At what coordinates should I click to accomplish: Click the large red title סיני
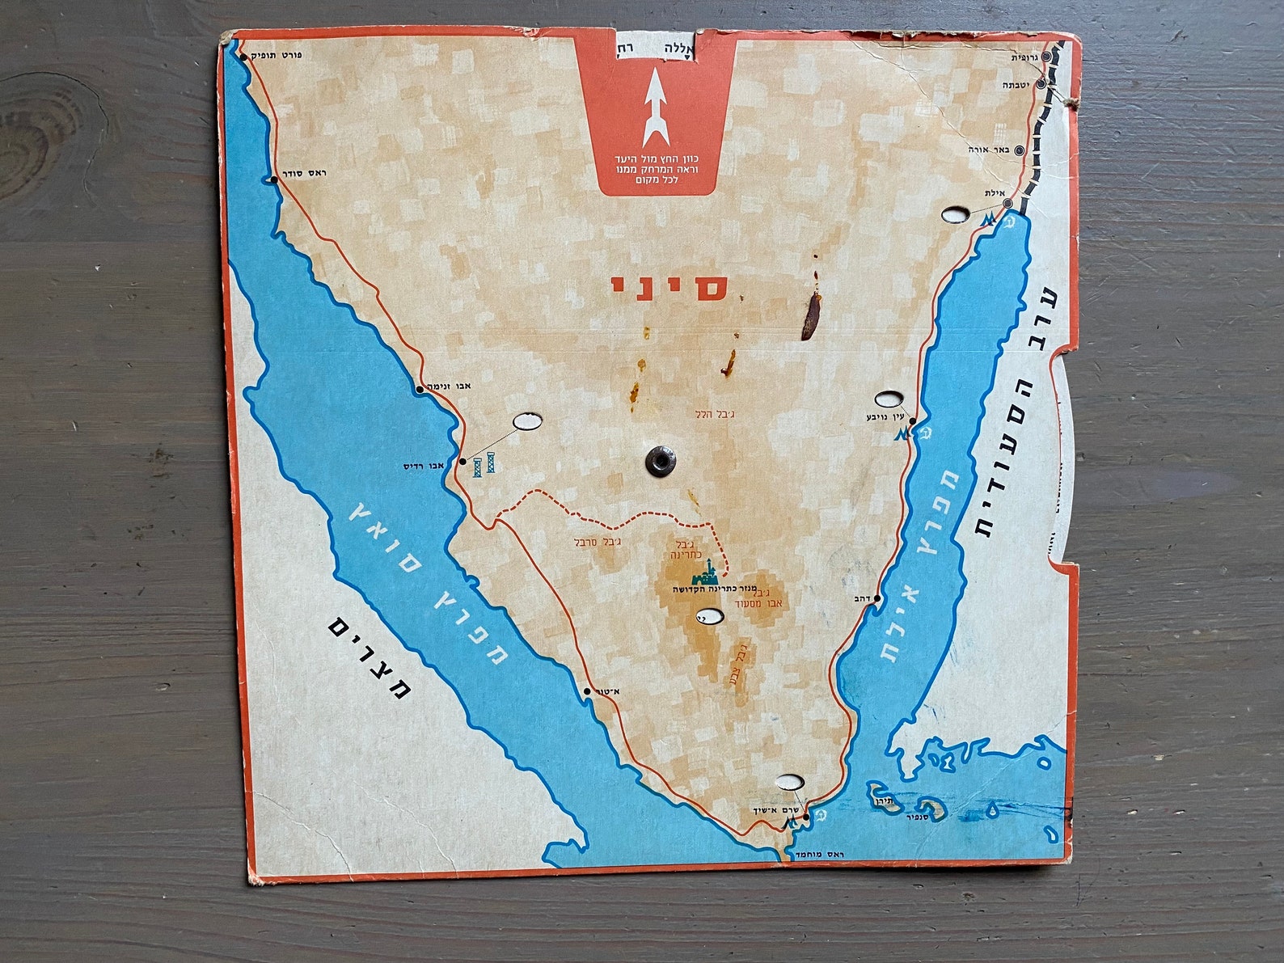669,288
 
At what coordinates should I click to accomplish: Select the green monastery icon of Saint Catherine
703,572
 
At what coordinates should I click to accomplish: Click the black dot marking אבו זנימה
419,390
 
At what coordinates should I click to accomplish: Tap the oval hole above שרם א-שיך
789,782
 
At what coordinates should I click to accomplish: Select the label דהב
860,599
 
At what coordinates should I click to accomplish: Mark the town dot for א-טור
588,691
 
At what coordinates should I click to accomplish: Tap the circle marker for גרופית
1045,57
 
